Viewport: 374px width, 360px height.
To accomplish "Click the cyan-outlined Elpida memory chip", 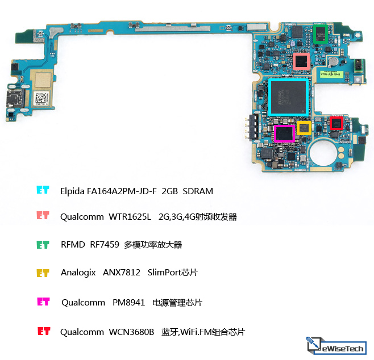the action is pos(288,97).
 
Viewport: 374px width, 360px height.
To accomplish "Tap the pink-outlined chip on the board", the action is pos(301,61).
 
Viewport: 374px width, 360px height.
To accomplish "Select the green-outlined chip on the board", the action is pos(321,34).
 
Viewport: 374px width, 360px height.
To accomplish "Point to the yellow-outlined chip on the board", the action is pos(304,128).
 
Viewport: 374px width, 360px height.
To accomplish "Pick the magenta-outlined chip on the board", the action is pos(284,133).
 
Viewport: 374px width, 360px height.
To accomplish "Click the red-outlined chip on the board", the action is pos(336,123).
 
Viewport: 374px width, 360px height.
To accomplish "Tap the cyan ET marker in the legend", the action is pos(43,190).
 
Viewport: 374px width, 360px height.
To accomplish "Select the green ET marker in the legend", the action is pos(43,245).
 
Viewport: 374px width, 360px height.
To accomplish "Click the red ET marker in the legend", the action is pos(44,331).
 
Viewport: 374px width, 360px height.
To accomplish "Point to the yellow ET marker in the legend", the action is pos(43,273).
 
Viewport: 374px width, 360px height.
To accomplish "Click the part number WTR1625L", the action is pos(130,217).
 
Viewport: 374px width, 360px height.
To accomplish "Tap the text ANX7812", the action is pos(122,273).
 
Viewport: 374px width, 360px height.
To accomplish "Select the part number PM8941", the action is pos(128,303).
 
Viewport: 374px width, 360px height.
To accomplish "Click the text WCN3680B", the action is pos(131,332).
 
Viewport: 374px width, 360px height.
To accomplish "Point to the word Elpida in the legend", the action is pos(72,191).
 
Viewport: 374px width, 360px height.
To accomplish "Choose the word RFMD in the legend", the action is pos(73,244).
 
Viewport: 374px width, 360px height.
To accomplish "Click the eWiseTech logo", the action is pos(336,345).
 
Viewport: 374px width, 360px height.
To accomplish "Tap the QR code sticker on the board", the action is pos(42,98).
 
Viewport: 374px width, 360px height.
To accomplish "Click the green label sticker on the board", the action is pos(331,74).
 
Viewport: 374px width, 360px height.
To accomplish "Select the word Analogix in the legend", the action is pos(78,273).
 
